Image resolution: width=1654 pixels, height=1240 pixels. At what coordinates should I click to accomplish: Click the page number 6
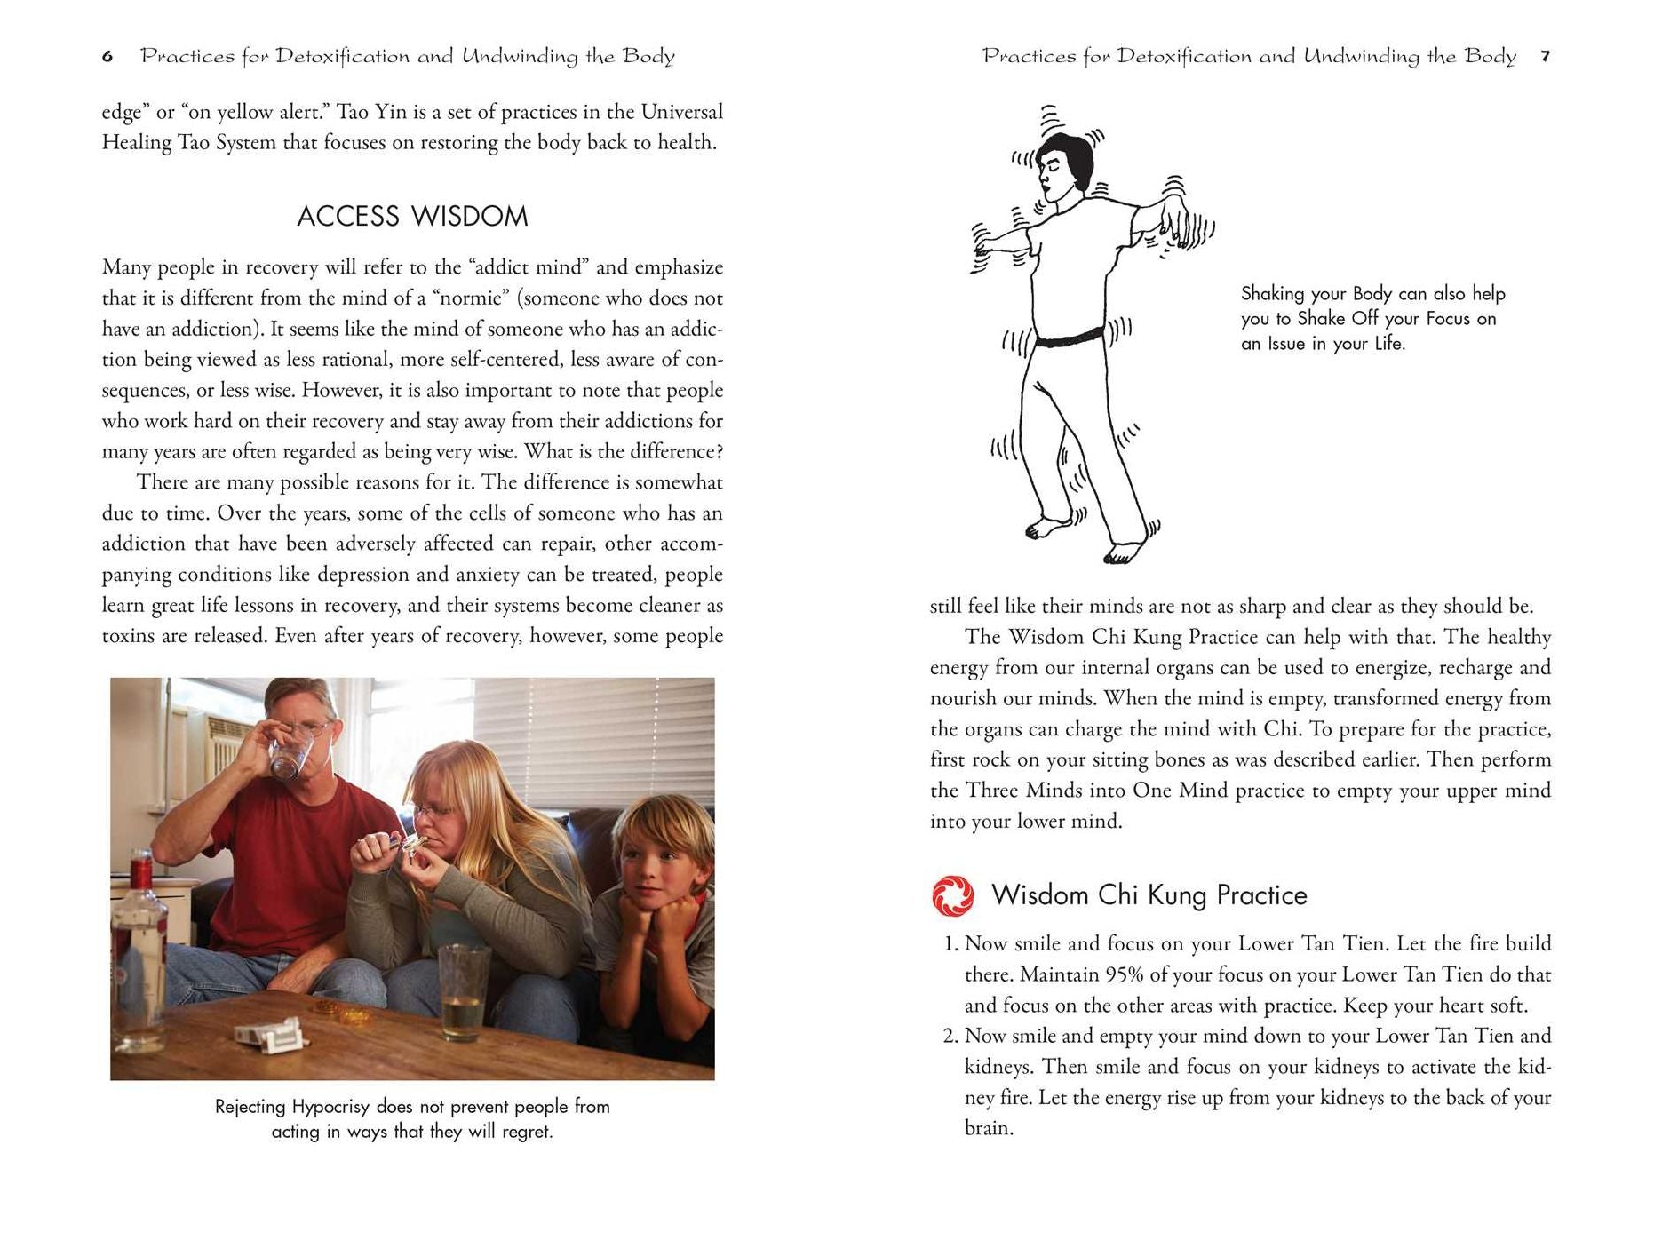107,57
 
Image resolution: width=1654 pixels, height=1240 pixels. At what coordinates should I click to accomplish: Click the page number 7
1546,57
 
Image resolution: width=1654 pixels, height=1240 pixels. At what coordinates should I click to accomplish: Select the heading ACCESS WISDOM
412,216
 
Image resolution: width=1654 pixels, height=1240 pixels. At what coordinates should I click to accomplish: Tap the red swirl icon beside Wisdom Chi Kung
952,895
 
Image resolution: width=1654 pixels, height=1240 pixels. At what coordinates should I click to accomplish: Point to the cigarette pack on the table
267,1035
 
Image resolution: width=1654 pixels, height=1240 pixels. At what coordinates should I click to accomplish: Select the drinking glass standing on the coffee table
463,990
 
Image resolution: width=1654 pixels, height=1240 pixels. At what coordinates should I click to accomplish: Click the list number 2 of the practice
950,1036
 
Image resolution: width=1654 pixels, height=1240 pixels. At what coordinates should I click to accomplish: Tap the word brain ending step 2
988,1128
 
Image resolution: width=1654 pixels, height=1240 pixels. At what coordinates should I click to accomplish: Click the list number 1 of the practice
950,943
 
